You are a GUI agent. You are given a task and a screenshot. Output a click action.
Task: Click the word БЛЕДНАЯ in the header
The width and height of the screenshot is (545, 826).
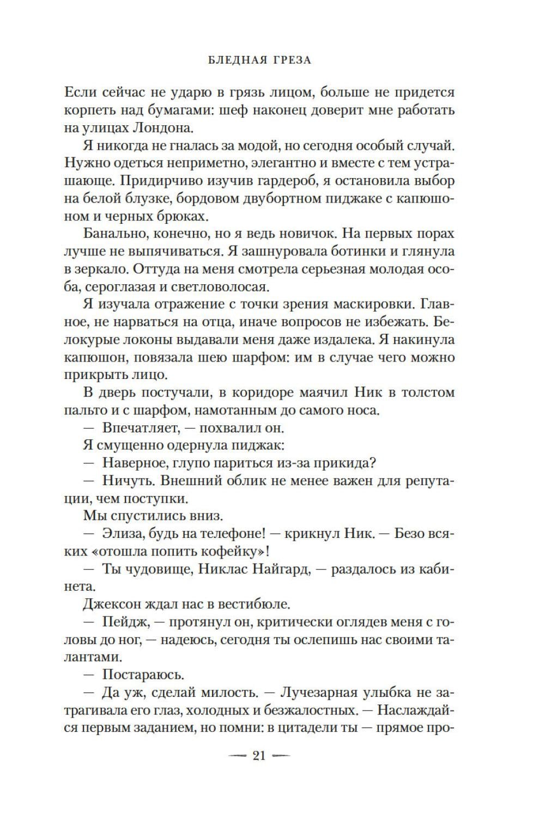(235, 60)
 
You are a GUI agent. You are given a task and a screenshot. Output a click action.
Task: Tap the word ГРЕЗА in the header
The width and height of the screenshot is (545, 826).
(289, 60)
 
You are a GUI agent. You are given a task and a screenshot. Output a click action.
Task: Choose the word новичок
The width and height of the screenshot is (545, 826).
(295, 234)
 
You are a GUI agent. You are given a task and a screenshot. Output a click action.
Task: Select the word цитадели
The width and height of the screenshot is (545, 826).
(304, 727)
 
